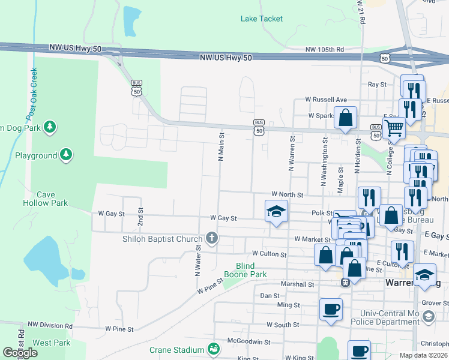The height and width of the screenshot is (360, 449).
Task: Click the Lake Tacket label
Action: (261, 19)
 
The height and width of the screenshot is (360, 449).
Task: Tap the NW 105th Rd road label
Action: (324, 49)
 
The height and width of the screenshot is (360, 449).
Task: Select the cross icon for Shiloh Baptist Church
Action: (211, 239)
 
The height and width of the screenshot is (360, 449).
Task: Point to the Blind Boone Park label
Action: (245, 270)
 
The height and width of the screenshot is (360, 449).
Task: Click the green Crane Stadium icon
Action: (212, 349)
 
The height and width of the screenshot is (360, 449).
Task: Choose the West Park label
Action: (51, 343)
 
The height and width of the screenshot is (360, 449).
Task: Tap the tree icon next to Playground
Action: (66, 155)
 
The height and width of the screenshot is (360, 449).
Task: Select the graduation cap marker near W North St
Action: (276, 211)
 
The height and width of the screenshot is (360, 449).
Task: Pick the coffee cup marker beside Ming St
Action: (331, 310)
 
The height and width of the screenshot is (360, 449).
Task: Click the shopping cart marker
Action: (394, 128)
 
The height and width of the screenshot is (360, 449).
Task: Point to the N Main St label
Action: (221, 148)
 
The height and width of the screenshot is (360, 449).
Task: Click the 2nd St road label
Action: (141, 216)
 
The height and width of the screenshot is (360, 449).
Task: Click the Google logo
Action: (20, 353)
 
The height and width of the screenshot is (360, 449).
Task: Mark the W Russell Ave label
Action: (326, 100)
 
